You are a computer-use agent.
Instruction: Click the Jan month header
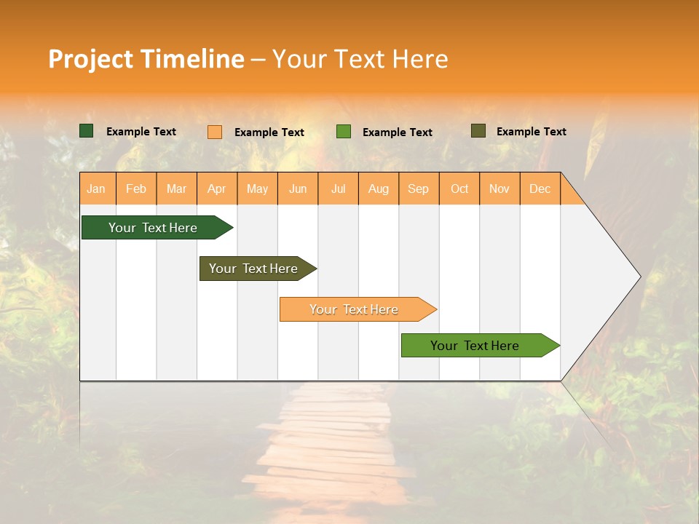click(x=97, y=188)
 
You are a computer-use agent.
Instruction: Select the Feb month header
click(x=136, y=188)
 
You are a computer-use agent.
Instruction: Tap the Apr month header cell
click(x=217, y=188)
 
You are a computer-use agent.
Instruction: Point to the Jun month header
click(x=298, y=188)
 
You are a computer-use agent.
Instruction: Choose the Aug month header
click(x=379, y=188)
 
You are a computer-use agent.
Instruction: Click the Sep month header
click(x=419, y=188)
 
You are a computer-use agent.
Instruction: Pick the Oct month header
click(x=459, y=188)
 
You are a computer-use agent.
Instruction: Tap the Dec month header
click(x=540, y=188)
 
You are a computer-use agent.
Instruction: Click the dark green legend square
click(x=87, y=131)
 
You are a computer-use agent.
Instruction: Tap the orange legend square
click(x=215, y=132)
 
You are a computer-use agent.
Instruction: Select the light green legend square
click(x=344, y=132)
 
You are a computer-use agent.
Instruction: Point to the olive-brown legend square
click(x=478, y=131)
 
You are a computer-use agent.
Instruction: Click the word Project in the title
click(x=91, y=59)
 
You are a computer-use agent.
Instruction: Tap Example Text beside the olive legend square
click(x=531, y=132)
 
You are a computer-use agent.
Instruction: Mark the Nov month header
click(x=499, y=188)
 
